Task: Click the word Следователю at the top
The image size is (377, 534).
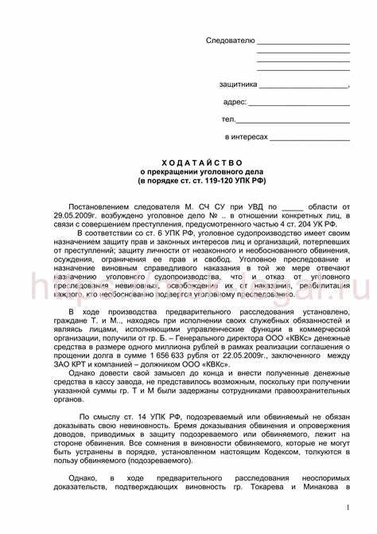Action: tap(230, 40)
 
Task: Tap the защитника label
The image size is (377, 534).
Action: tap(238, 84)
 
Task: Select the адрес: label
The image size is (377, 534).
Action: tap(235, 102)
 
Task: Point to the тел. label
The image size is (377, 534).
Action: tap(229, 120)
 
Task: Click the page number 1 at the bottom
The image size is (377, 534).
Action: tap(348, 507)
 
